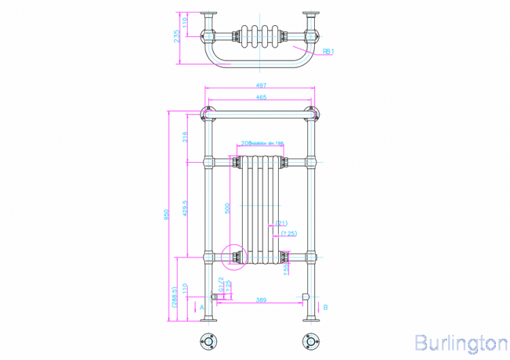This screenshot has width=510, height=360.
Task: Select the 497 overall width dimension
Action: [x=260, y=86]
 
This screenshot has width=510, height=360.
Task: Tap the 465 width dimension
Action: [x=260, y=98]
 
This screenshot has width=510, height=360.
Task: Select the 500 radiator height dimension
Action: [x=228, y=207]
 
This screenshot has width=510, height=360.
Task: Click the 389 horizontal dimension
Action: [x=260, y=299]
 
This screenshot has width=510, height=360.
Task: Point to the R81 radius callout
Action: [x=327, y=50]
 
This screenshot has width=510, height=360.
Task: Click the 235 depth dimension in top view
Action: [x=177, y=37]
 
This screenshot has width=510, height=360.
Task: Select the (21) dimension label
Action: [x=282, y=223]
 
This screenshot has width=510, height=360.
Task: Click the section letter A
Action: [x=202, y=308]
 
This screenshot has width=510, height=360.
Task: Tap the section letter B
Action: [x=326, y=308]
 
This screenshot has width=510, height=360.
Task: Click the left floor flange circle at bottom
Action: [x=208, y=342]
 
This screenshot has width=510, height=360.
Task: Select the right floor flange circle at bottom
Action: [x=312, y=342]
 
